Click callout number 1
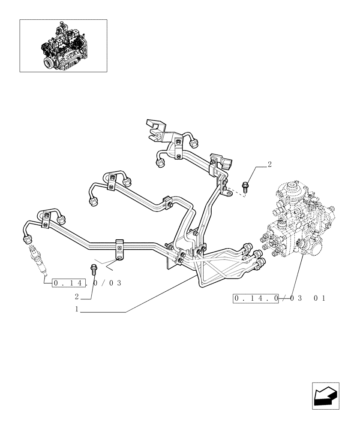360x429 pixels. click(77, 309)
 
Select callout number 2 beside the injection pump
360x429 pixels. click(270, 164)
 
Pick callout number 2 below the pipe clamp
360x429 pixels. click(77, 296)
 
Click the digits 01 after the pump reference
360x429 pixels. click(319, 298)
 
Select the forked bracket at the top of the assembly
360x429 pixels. click(155, 129)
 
